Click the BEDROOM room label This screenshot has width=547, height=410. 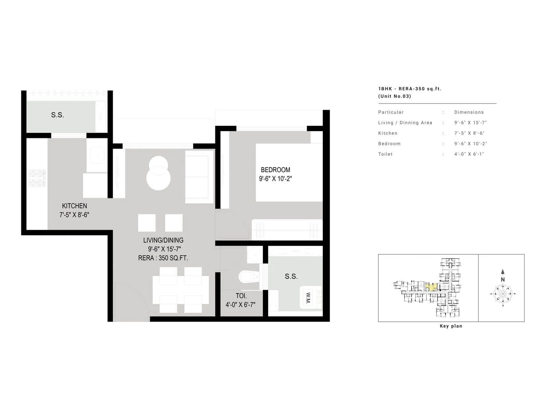point(275,170)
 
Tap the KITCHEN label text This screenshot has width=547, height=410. point(74,206)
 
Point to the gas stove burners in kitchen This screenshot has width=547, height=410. point(38,178)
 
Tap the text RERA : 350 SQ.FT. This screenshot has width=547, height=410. point(163,258)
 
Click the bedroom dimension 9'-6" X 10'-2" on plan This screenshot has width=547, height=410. point(275,179)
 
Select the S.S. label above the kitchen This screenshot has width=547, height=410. point(57,115)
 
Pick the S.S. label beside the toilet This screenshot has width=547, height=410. point(291,276)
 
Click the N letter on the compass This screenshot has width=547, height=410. point(503,279)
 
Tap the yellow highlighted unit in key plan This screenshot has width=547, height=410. point(431,287)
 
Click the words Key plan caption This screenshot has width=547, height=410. point(451,326)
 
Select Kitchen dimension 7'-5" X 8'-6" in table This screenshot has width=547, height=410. point(469,133)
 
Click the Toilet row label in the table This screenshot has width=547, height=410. point(385,154)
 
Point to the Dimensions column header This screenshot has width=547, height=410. point(469,112)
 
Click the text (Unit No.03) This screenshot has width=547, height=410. point(395,96)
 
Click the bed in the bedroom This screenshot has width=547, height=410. point(289,173)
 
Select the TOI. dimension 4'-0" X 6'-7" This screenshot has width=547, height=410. point(240,305)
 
